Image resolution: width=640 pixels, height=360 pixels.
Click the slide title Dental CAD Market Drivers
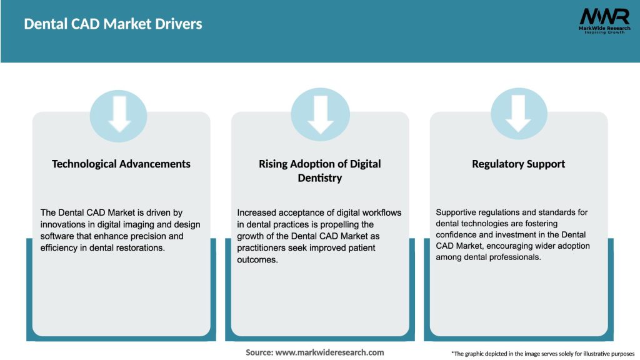(113, 24)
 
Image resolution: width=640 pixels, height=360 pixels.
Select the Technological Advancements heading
(121, 164)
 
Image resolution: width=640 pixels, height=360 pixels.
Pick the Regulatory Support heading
(518, 164)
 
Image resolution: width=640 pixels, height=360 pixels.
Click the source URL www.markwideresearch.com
(330, 352)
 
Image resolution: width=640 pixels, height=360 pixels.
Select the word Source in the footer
(259, 352)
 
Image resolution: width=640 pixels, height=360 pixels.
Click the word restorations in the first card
(144, 247)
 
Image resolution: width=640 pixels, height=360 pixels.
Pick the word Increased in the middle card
(257, 213)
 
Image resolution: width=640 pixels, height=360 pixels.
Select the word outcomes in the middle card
(259, 259)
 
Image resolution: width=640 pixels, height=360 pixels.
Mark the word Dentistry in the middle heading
(320, 178)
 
